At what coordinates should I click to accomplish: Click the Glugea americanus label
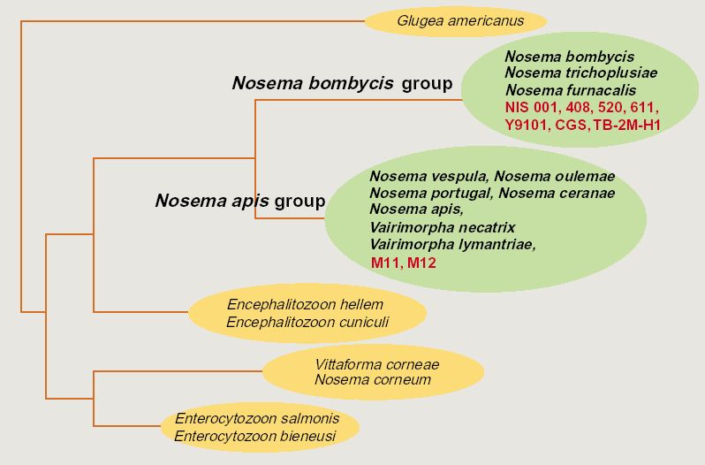click(x=460, y=21)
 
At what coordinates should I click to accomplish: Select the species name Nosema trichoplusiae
click(x=581, y=72)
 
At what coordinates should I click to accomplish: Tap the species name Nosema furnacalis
click(x=571, y=90)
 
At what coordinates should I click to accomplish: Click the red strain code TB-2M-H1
click(x=626, y=125)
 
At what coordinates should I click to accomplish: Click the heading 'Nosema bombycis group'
click(x=342, y=83)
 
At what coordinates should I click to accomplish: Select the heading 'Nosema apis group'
click(x=240, y=201)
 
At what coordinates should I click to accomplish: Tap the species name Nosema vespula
click(x=428, y=176)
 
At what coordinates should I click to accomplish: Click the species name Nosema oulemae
click(x=555, y=176)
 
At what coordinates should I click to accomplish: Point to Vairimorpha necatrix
click(x=443, y=227)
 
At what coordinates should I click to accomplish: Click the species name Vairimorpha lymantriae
click(x=452, y=245)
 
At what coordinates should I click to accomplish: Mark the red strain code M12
click(x=421, y=263)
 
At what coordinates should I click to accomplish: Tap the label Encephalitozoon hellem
click(x=306, y=304)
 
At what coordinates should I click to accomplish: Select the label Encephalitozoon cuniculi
click(x=307, y=322)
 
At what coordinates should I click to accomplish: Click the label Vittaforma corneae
click(x=376, y=364)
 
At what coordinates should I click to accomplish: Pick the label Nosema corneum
click(x=373, y=379)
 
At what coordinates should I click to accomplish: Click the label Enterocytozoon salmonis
click(x=257, y=419)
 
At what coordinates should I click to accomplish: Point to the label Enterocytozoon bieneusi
click(x=255, y=436)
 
